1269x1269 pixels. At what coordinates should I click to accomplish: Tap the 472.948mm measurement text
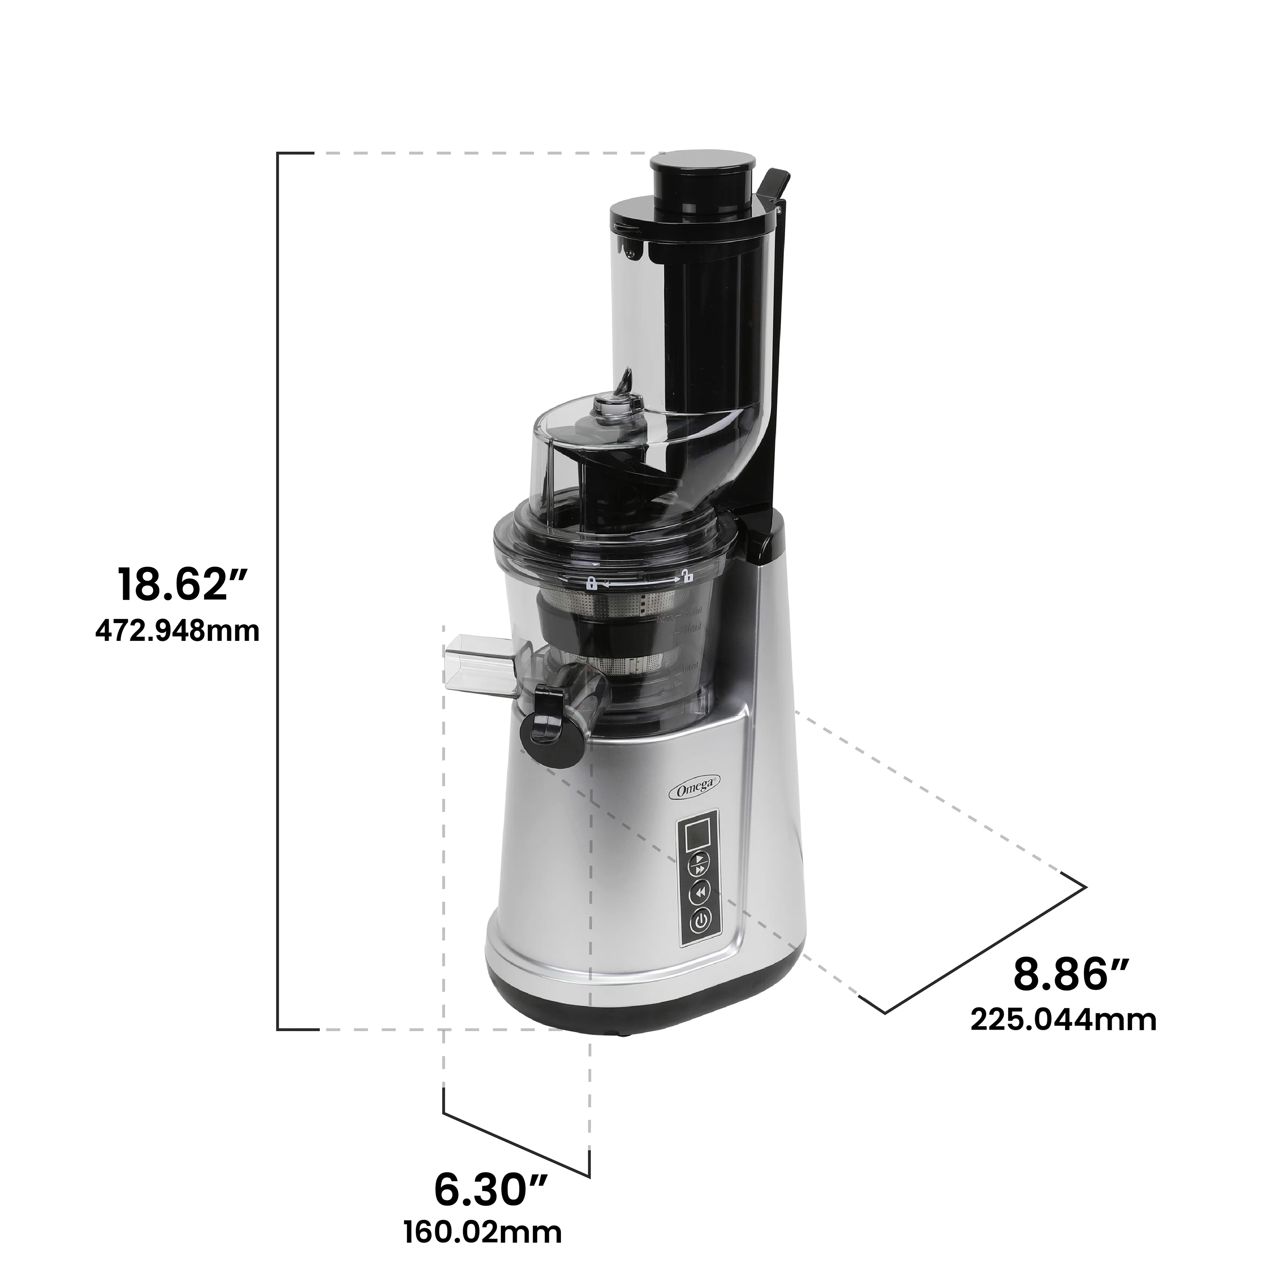pos(177,631)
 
